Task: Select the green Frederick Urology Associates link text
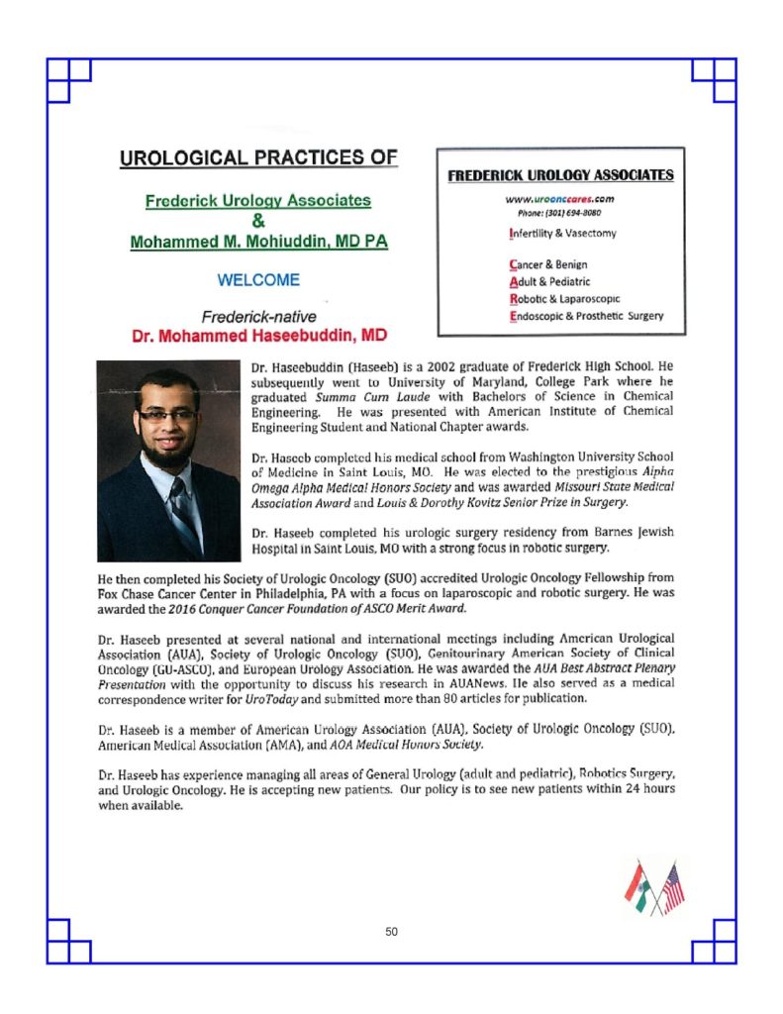pyautogui.click(x=258, y=201)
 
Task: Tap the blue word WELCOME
pyautogui.click(x=258, y=280)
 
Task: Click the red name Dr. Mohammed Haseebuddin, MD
pyautogui.click(x=259, y=336)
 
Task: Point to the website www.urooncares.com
pyautogui.click(x=560, y=198)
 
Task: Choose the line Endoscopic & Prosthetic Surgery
pyautogui.click(x=585, y=316)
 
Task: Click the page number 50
pyautogui.click(x=392, y=931)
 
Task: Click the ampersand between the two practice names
pyautogui.click(x=258, y=221)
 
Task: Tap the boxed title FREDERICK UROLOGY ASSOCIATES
pyautogui.click(x=560, y=175)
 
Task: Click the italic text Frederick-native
pyautogui.click(x=258, y=317)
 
